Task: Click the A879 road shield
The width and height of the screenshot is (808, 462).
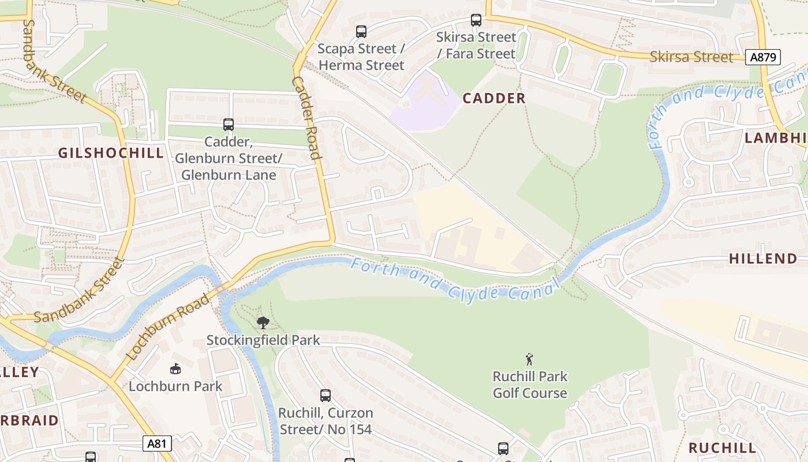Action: [x=763, y=57]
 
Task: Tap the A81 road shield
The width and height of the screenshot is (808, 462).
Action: [x=157, y=444]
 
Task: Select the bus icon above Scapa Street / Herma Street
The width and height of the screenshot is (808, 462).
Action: [x=361, y=32]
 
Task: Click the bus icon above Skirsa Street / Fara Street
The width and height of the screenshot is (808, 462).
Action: [x=476, y=20]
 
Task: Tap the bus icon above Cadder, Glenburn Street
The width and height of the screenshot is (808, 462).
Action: [x=229, y=124]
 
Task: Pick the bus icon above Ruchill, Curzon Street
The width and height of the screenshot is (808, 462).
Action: [x=326, y=396]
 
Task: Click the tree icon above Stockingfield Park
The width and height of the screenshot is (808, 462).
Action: [x=263, y=322]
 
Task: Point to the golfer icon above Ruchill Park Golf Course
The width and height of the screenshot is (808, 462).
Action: [x=529, y=359]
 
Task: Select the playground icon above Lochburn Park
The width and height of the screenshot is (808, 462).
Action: [x=175, y=368]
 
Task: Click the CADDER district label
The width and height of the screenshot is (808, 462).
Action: [x=494, y=98]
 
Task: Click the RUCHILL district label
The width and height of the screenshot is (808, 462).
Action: [x=722, y=448]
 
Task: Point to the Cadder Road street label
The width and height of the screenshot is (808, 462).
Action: [x=306, y=118]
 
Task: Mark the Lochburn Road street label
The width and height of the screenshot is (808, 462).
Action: [x=168, y=327]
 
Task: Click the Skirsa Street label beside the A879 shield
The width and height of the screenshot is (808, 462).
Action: [x=691, y=57]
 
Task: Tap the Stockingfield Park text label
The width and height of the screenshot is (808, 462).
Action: [x=263, y=340]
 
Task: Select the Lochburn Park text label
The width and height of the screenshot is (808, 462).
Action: [x=175, y=386]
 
